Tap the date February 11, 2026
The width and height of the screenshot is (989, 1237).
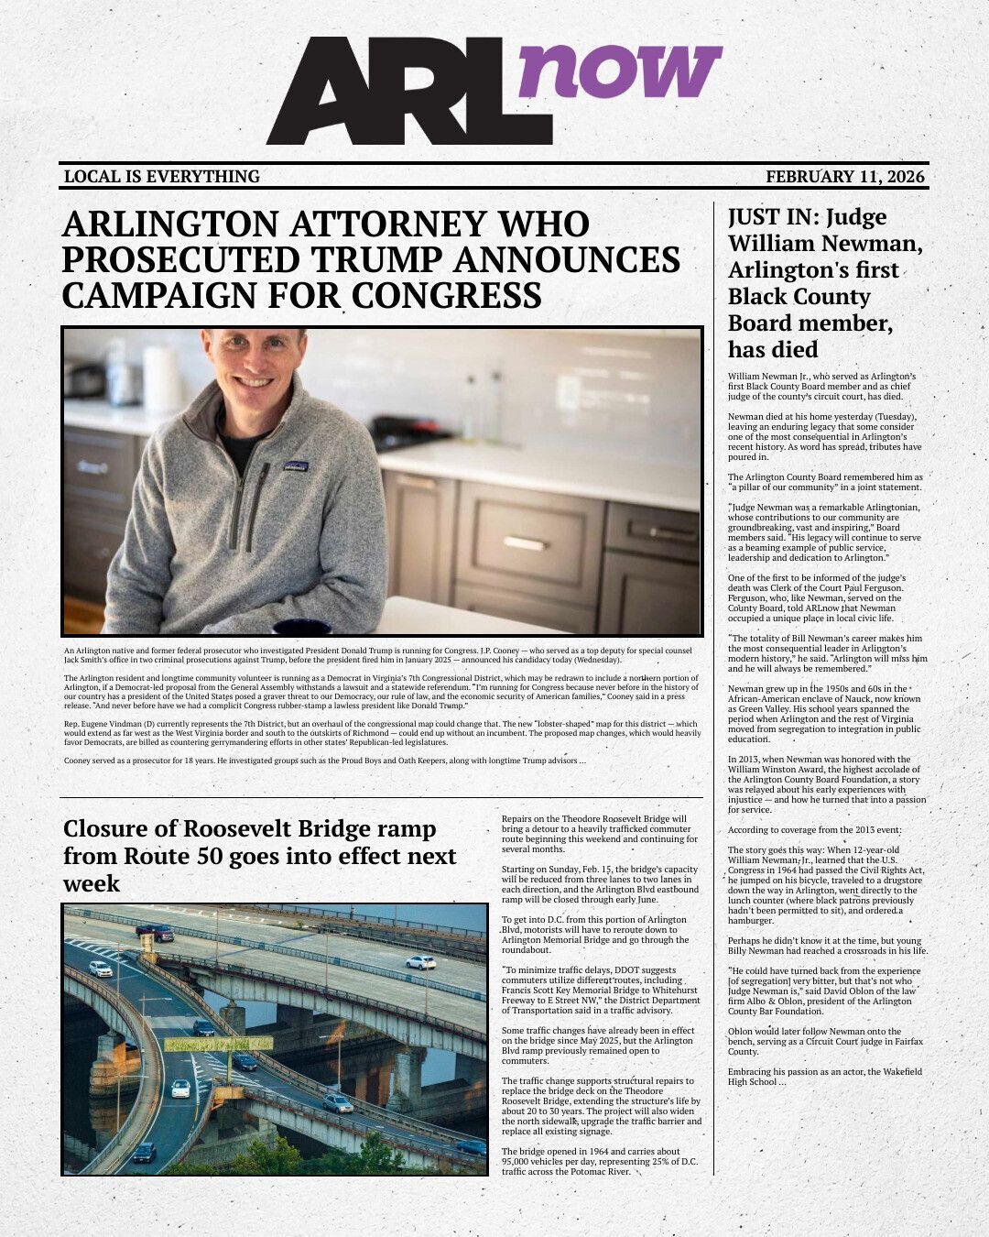pyautogui.click(x=845, y=177)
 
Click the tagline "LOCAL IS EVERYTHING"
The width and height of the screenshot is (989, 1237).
pyautogui.click(x=162, y=177)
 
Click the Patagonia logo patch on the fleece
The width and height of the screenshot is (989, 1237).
pyautogui.click(x=295, y=466)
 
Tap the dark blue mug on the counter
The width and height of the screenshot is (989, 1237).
pyautogui.click(x=302, y=628)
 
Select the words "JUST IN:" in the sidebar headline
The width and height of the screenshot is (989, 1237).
pyautogui.click(x=772, y=218)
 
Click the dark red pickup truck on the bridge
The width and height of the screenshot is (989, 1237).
pyautogui.click(x=155, y=933)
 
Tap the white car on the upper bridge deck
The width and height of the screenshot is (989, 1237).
pyautogui.click(x=420, y=961)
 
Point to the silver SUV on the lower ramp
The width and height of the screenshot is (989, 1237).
pyautogui.click(x=337, y=1103)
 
